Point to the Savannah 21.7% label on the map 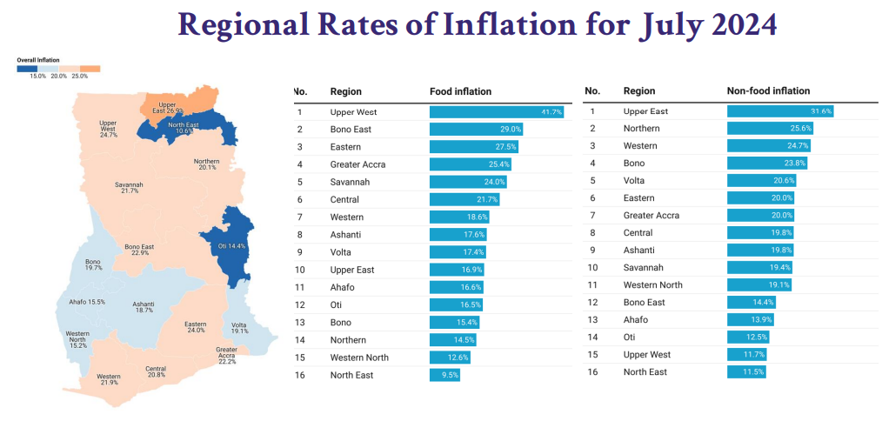click(x=130, y=187)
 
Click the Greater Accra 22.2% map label click(x=226, y=354)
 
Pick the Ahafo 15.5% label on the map click(x=87, y=302)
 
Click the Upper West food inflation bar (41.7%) click(x=497, y=112)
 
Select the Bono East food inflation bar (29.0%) click(x=477, y=129)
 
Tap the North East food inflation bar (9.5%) click(x=444, y=375)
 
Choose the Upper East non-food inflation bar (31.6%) click(x=780, y=111)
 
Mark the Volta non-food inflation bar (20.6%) click(x=762, y=181)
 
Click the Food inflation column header click(x=460, y=91)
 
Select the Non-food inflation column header click(x=768, y=90)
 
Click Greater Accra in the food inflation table click(x=357, y=164)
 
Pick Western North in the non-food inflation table click(x=652, y=284)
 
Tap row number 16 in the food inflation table click(x=300, y=375)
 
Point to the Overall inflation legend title click(x=38, y=60)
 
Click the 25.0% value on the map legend click(x=80, y=77)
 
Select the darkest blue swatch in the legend click(x=27, y=69)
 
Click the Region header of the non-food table click(x=639, y=90)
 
